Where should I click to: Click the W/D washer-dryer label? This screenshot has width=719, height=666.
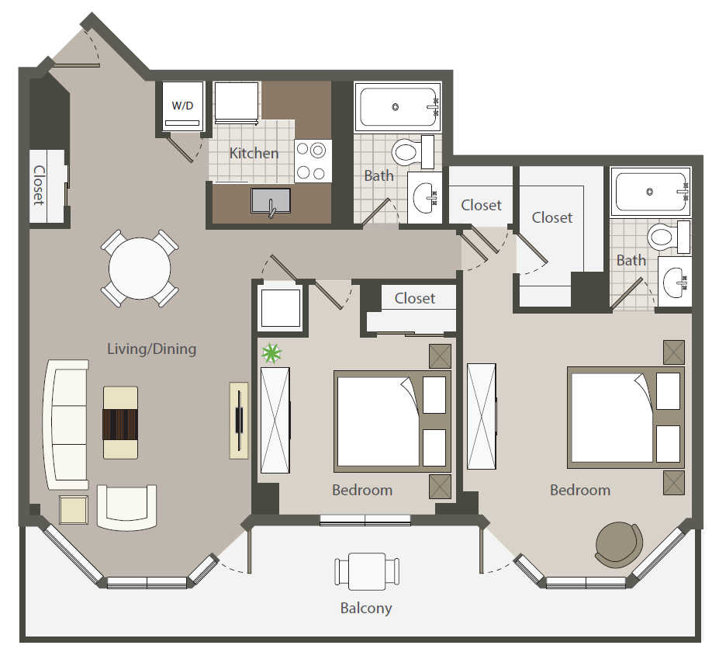[182, 106]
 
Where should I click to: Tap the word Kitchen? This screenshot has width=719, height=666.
[254, 153]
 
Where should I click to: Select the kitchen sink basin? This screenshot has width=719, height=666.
[271, 201]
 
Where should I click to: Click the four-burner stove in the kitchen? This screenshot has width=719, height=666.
[313, 161]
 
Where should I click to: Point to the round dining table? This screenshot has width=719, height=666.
[140, 268]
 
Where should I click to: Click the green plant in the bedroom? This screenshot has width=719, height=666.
[271, 353]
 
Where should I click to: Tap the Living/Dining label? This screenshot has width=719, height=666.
[152, 349]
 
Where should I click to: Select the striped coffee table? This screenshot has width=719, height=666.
[120, 423]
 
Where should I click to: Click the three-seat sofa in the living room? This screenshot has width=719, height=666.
[67, 425]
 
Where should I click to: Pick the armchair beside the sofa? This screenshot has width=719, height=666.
[126, 507]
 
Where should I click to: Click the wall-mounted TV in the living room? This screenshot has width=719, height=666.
[239, 420]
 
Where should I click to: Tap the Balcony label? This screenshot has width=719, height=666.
[366, 608]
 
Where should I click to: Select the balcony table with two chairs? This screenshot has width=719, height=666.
[367, 571]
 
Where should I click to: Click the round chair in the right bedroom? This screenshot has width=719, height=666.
[619, 545]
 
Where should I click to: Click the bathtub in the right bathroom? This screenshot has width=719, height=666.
[651, 192]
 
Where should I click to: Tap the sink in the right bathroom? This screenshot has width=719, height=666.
[675, 281]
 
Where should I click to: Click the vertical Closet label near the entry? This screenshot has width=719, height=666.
[40, 185]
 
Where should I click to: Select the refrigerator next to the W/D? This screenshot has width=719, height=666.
[237, 102]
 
